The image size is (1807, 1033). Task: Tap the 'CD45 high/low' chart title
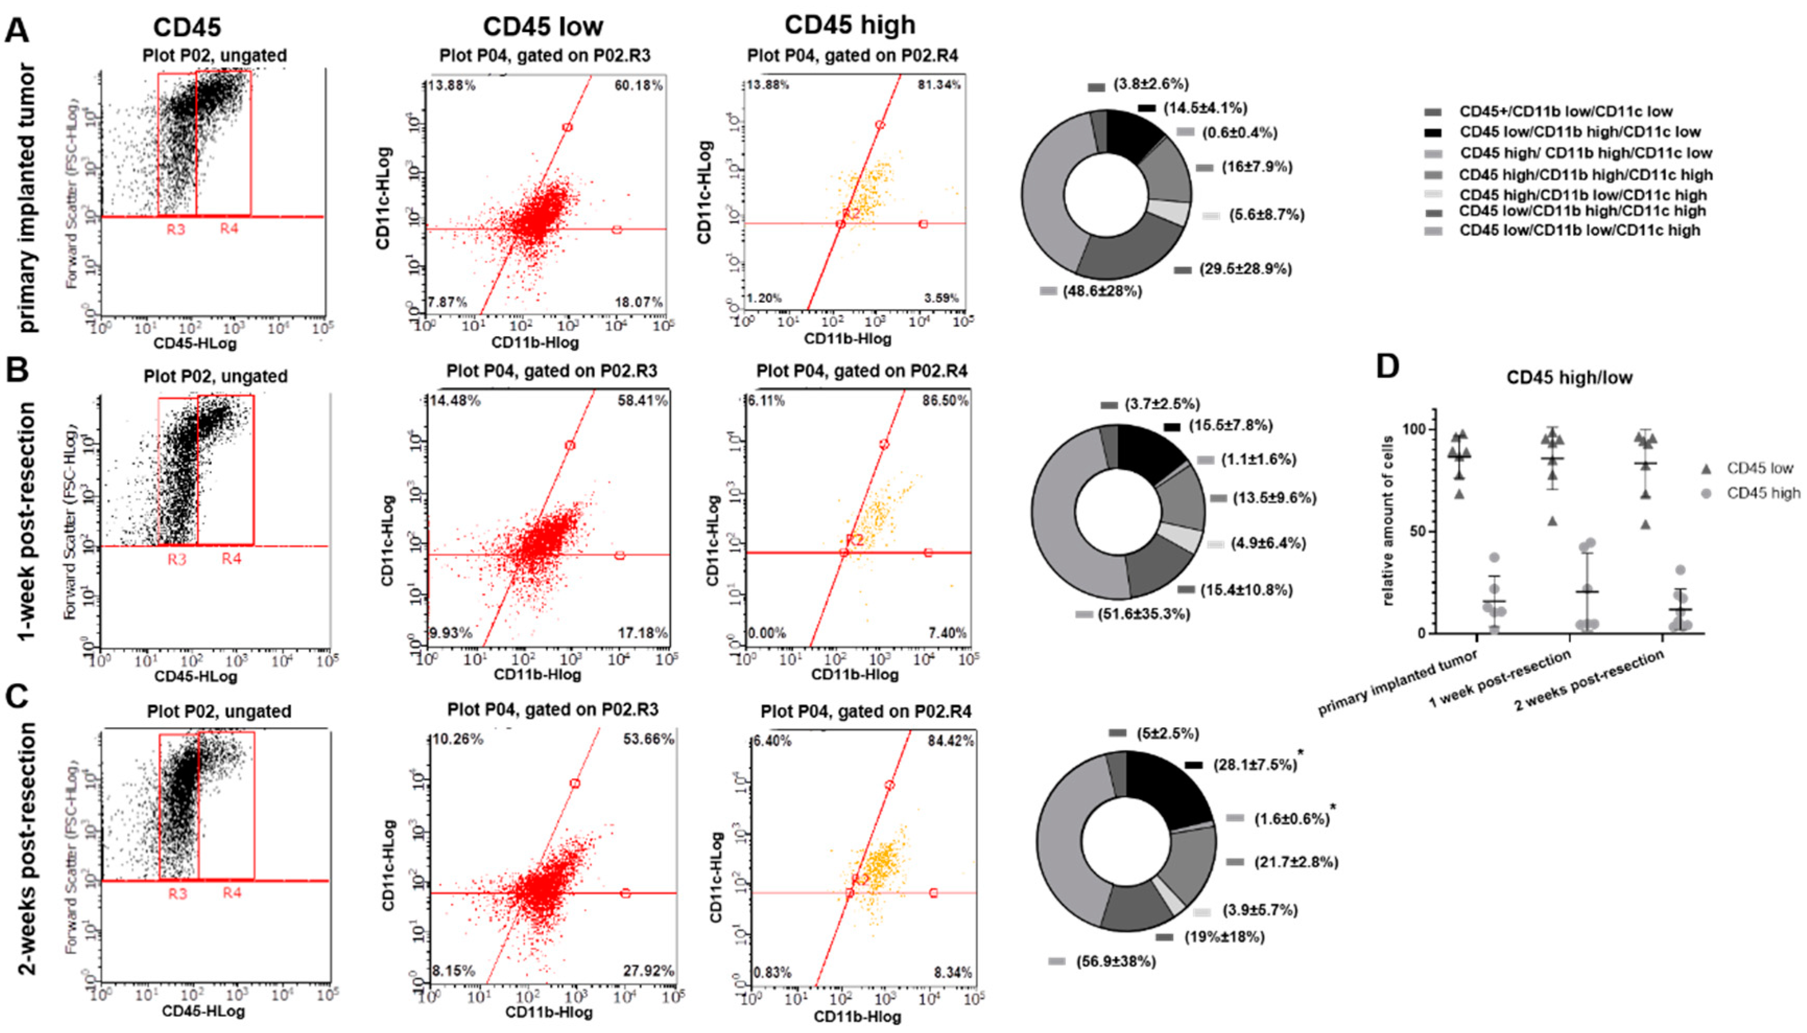[x=1570, y=377]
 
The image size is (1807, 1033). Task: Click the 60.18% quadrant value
[x=638, y=86]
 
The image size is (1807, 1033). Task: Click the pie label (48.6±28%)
[x=1102, y=291]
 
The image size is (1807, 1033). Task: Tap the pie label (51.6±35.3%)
[x=1143, y=614]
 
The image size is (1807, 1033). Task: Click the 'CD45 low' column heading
[x=543, y=27]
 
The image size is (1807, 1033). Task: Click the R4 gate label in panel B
[x=231, y=559]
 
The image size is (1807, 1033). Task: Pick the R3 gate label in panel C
[x=177, y=893]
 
